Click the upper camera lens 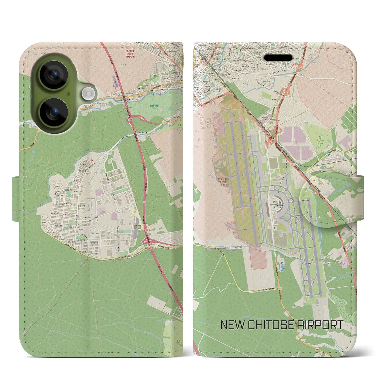pos(54,74)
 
